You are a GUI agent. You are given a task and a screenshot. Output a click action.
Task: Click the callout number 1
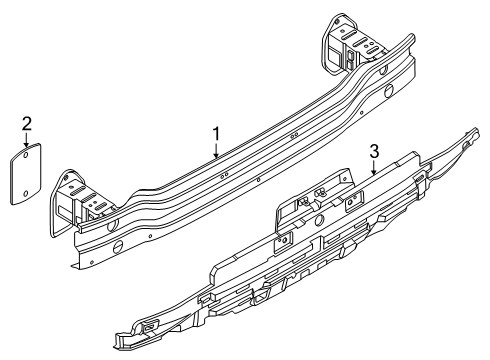[x=215, y=133]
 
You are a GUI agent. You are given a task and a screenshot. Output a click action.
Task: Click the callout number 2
[x=28, y=124]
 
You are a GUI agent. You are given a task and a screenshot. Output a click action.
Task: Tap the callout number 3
[x=374, y=151]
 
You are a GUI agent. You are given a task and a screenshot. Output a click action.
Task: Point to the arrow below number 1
[x=215, y=152]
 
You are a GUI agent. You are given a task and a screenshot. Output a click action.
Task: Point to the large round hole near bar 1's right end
[x=386, y=91]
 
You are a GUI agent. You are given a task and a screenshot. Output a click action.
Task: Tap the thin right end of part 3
[x=470, y=147]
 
